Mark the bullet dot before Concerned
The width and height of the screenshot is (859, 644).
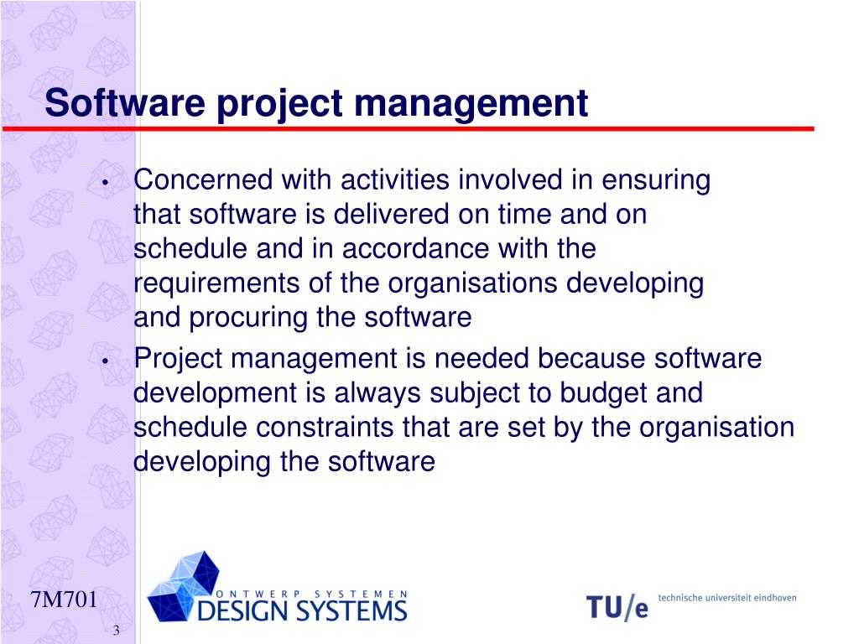point(105,183)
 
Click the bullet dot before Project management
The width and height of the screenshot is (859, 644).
point(105,361)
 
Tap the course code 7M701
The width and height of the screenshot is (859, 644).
point(64,600)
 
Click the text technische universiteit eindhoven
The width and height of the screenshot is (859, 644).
point(727,598)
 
